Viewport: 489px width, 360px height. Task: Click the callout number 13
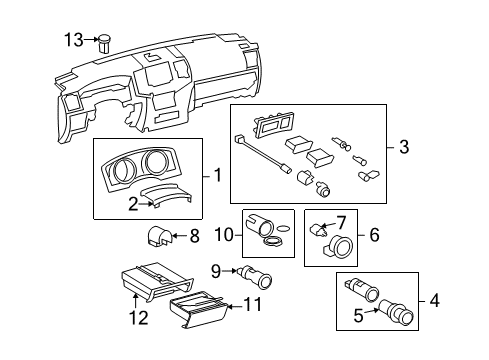(74, 40)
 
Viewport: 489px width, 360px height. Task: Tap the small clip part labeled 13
(104, 43)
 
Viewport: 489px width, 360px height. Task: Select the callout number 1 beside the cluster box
(218, 175)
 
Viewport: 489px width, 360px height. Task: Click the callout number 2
(133, 204)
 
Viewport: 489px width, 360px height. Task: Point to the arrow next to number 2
(147, 204)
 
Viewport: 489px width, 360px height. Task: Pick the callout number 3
(404, 147)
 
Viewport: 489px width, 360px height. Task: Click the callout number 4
(435, 301)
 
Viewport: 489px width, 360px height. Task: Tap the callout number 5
(358, 316)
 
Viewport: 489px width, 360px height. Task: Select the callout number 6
(374, 235)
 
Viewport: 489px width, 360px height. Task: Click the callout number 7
(341, 223)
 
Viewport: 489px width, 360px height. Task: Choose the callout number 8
(194, 236)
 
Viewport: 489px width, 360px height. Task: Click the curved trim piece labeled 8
(159, 236)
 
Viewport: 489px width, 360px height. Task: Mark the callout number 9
(216, 271)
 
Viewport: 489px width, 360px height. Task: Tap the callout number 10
(224, 235)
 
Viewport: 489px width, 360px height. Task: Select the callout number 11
(252, 304)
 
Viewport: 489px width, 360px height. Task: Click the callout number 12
(139, 318)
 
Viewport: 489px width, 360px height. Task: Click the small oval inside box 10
(284, 228)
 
